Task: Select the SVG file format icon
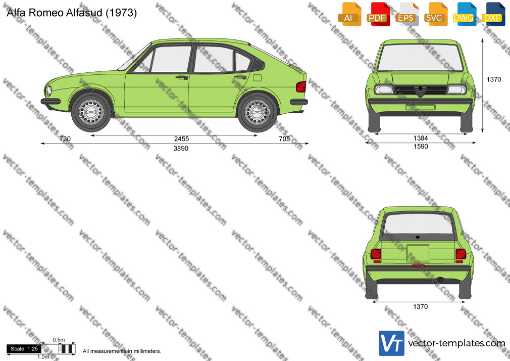435,14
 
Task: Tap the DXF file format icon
493,14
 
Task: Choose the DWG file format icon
464,14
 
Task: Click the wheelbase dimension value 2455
181,139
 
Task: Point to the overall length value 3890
181,149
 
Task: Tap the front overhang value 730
65,139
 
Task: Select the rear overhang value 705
284,139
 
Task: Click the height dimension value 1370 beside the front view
494,79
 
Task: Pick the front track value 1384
421,138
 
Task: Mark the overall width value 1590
421,147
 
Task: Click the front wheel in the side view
91,112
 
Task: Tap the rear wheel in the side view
258,112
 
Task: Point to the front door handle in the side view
182,77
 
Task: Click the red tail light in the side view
301,86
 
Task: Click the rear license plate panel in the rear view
418,253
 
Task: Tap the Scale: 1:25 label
24,349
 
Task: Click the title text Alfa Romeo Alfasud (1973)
72,13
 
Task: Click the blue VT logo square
392,343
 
